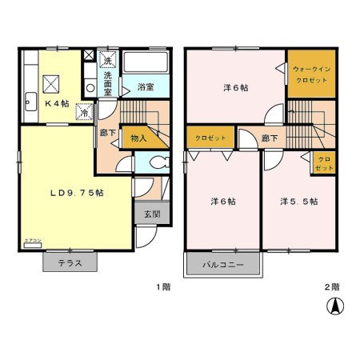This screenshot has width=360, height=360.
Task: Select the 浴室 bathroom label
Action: point(145,86)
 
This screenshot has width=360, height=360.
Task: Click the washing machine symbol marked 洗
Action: point(106,60)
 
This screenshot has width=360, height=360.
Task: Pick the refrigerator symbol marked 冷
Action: point(84,113)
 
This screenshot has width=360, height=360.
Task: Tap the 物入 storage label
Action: point(138,138)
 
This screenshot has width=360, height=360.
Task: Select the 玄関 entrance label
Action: point(152,214)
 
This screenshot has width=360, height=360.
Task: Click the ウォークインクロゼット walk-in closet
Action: point(308,74)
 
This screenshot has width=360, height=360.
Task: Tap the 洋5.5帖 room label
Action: point(299,202)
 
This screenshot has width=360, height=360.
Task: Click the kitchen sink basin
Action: point(30,101)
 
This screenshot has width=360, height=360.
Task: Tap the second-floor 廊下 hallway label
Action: point(270,138)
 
